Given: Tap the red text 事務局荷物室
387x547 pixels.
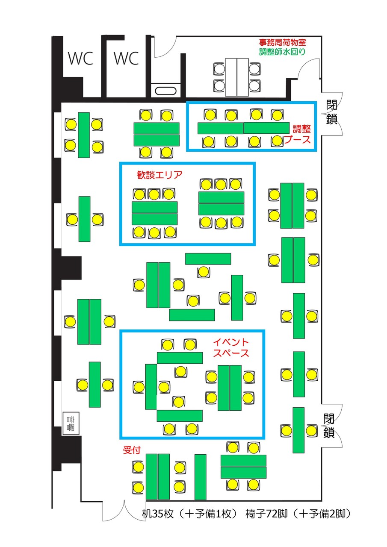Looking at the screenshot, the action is pyautogui.click(x=282, y=43).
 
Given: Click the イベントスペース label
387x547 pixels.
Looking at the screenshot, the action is pyautogui.click(x=231, y=347).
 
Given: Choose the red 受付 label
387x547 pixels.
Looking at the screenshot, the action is pyautogui.click(x=132, y=449).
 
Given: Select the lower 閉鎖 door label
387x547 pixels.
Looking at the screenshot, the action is pyautogui.click(x=329, y=426).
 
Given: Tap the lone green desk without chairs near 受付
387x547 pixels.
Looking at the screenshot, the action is pyautogui.click(x=200, y=477).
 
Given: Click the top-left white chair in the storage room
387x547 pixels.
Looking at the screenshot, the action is pyautogui.click(x=219, y=68).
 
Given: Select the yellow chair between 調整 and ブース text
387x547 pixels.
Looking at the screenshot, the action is pyautogui.click(x=277, y=140).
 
